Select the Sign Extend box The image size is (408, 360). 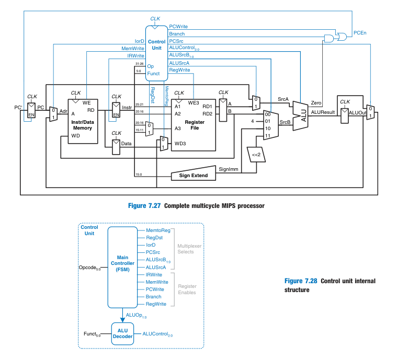pos(193,176)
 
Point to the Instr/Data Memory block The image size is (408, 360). pos(83,121)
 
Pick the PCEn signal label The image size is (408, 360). pos(360,33)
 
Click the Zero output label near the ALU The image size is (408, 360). pos(316,103)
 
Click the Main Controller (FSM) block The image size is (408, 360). pos(122,267)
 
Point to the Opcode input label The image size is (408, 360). pos(89,268)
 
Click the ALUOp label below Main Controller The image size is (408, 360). pos(137,316)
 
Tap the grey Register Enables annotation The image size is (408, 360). pos(187,289)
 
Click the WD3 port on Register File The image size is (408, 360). pos(179,143)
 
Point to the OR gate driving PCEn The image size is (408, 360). pos(343,36)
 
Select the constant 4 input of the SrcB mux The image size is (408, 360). pos(252,121)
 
